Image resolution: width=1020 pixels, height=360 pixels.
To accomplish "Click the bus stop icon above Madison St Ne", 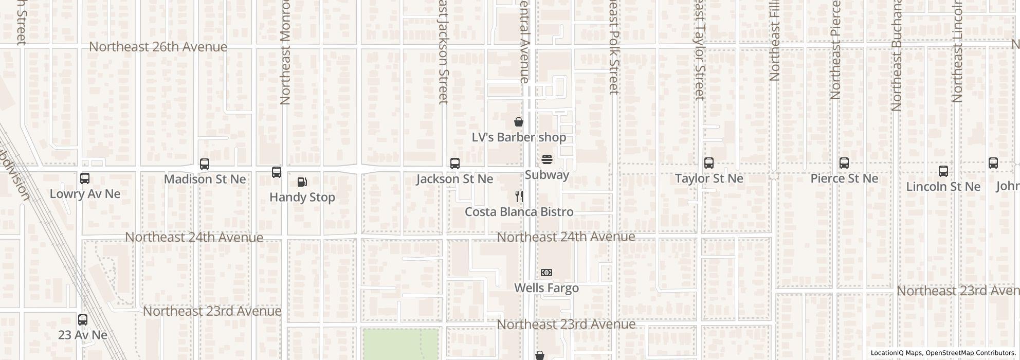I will pyautogui.click(x=205, y=164).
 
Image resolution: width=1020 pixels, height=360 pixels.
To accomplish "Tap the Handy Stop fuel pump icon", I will pyautogui.click(x=302, y=182).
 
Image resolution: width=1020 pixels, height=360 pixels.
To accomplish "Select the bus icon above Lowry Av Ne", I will pyautogui.click(x=85, y=178).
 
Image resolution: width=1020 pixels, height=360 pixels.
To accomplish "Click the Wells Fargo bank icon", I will pyautogui.click(x=547, y=273).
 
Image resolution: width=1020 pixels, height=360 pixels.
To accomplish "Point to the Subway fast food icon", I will pyautogui.click(x=547, y=159).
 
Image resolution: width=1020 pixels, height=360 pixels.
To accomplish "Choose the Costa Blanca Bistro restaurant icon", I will pyautogui.click(x=519, y=196).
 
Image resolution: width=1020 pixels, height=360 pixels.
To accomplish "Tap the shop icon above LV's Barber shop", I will pyautogui.click(x=519, y=122).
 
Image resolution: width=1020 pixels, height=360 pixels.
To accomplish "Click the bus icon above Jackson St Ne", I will pyautogui.click(x=455, y=164).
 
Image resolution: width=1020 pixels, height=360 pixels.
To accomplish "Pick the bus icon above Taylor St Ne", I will pyautogui.click(x=709, y=163).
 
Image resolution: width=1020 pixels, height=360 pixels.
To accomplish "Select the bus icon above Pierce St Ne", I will pyautogui.click(x=844, y=163).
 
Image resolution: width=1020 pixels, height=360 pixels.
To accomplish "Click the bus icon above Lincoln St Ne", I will pyautogui.click(x=943, y=171).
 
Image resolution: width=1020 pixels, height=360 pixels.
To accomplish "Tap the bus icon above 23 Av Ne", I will pyautogui.click(x=83, y=319).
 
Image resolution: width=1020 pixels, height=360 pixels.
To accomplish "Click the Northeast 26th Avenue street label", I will pyautogui.click(x=158, y=47).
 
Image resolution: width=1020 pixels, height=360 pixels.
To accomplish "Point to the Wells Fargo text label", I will pyautogui.click(x=547, y=288).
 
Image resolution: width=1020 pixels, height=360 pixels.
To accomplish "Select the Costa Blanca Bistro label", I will pyautogui.click(x=519, y=212).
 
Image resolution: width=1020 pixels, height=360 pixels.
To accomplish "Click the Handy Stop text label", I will pyautogui.click(x=302, y=197).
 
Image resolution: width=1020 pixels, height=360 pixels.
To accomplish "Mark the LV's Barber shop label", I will pyautogui.click(x=519, y=137).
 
